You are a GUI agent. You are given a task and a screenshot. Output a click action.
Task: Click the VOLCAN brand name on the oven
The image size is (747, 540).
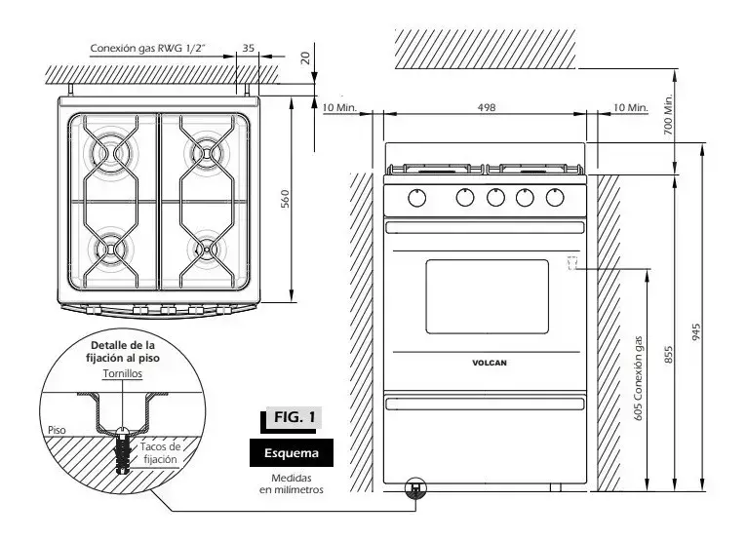click(x=490, y=363)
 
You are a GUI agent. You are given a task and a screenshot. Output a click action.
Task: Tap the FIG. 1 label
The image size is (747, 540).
click(x=294, y=417)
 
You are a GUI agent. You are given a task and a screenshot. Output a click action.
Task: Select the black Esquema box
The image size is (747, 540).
click(x=291, y=453)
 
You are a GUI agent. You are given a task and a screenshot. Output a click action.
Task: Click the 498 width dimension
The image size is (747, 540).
click(x=487, y=107)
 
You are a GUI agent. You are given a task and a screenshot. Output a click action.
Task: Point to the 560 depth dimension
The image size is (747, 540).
click(x=285, y=199)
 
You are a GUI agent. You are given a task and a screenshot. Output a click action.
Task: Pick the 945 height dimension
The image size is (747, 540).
click(x=696, y=332)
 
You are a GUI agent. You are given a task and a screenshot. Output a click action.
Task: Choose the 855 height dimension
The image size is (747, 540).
click(x=668, y=355)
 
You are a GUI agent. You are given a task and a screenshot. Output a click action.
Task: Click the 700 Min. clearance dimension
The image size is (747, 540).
click(x=668, y=114)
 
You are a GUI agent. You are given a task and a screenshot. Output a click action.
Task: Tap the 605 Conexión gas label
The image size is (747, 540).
click(x=639, y=378)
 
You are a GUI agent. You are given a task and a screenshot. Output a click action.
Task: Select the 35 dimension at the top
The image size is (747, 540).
click(x=249, y=48)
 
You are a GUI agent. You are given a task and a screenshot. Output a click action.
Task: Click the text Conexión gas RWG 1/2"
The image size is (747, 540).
click(x=149, y=48)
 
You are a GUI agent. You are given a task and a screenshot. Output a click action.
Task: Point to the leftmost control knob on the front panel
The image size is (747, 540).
click(x=416, y=198)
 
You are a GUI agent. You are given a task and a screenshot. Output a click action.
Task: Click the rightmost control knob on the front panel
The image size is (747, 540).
click(x=555, y=197)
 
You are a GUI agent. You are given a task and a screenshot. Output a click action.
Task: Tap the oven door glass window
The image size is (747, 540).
click(x=487, y=296)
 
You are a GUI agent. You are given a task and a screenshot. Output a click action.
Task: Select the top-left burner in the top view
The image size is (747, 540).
click(x=111, y=153)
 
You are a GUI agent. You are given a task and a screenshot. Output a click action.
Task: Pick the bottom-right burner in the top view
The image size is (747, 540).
click(x=207, y=250)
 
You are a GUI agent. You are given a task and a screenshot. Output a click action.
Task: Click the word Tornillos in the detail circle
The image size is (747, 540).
click(x=123, y=374)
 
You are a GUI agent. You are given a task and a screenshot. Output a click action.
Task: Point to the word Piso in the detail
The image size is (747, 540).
click(x=57, y=430)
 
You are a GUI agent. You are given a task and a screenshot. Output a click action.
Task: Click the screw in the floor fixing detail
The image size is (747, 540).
click(x=123, y=449)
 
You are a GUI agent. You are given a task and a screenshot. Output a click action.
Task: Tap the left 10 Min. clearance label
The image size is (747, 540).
click(x=339, y=107)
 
